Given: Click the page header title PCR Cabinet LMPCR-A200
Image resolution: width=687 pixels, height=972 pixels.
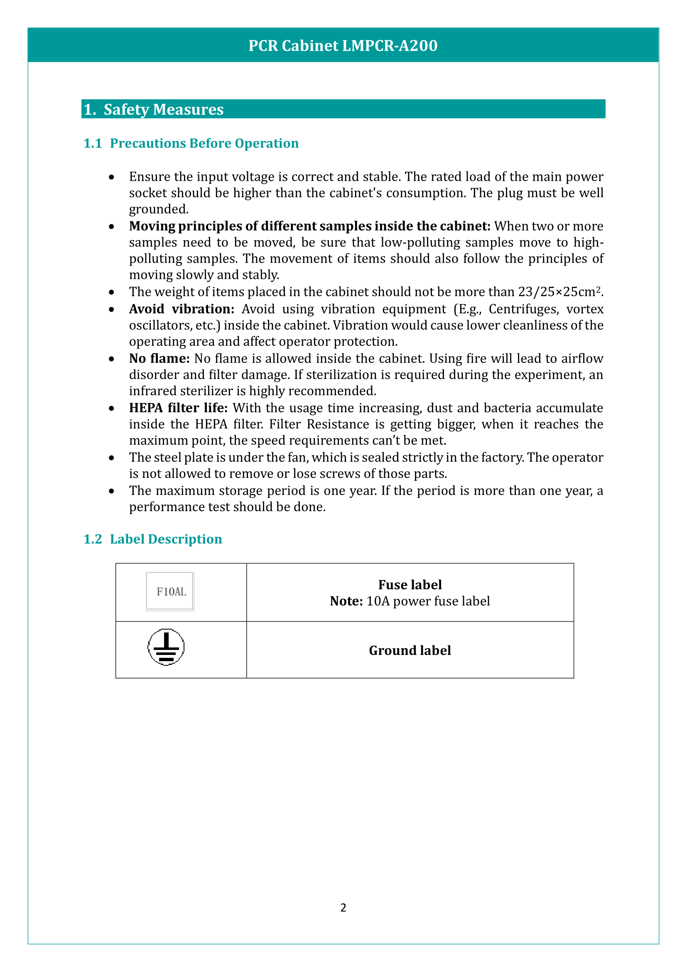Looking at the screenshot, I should tap(343, 46).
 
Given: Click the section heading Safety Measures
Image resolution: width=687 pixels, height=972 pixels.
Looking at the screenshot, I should tap(163, 109).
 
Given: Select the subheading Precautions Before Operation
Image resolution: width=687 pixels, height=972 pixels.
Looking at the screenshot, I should tap(204, 143).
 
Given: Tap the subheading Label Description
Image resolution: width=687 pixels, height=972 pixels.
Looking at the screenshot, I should tap(165, 539).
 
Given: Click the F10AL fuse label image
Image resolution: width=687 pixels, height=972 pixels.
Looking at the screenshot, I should tap(169, 591).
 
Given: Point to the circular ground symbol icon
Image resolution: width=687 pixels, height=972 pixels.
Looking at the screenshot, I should tap(166, 647).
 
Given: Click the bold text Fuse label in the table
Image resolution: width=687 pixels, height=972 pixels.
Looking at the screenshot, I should tap(410, 585).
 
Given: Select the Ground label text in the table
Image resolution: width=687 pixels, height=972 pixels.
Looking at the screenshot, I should tap(410, 650).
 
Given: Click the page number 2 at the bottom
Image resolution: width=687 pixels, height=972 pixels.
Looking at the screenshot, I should tap(343, 907).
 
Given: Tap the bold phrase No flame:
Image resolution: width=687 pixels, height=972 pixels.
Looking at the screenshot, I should tap(159, 359).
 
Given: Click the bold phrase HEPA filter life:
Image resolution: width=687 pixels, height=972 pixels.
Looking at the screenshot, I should tap(178, 408).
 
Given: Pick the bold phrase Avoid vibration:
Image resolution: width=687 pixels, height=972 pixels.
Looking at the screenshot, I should tap(182, 309).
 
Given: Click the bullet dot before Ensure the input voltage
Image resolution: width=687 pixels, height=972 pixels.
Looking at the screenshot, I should tap(111, 177).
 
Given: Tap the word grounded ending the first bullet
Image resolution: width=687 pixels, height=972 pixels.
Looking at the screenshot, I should tap(158, 209).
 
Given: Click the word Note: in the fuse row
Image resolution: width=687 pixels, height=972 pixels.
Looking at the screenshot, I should tap(346, 601).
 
